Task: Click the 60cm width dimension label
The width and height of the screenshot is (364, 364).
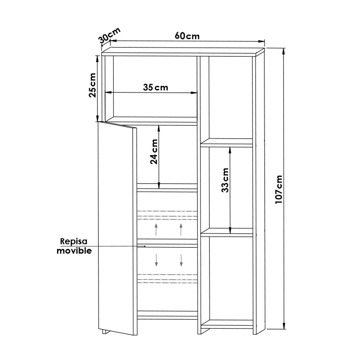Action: coord(187,36)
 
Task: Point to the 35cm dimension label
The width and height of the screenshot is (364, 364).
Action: coord(155,87)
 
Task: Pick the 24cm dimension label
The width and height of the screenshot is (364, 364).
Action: coord(154,152)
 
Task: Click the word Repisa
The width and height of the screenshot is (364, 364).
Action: coord(74,241)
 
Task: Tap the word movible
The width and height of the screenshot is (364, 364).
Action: coord(75,251)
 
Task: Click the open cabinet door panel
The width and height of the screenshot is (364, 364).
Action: coord(117,227)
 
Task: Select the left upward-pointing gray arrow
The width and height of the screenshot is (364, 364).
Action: coord(156,229)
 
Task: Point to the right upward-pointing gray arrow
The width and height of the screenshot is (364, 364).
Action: coord(181,229)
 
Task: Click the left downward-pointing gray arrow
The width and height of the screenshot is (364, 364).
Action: coord(156,260)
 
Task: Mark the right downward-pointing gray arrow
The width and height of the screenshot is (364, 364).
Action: coord(181,260)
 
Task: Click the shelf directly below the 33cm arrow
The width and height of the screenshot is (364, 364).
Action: coord(227,233)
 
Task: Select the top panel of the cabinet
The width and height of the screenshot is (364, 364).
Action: coord(182,52)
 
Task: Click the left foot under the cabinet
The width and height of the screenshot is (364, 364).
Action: coord(105,331)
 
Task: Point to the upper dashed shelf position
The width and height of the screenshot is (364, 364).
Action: coord(167,214)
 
